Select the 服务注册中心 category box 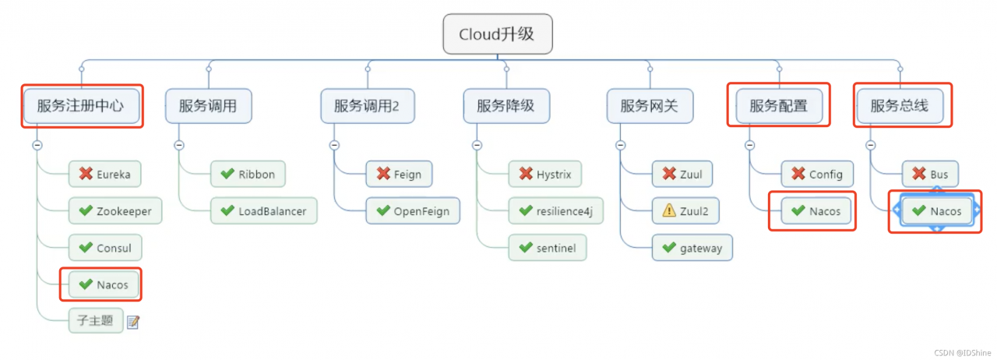point(81,106)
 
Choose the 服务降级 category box point(506,106)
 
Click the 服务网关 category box point(649,106)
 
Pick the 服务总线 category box point(900,106)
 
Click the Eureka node point(105,174)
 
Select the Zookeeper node point(114,211)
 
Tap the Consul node point(105,249)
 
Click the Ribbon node point(248,174)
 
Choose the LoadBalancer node point(263,211)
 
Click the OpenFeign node point(413,211)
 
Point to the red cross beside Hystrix point(525,174)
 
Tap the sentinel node point(548,249)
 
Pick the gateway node point(692,249)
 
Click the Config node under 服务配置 point(817,174)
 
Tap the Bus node point(930,174)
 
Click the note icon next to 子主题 point(132,322)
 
